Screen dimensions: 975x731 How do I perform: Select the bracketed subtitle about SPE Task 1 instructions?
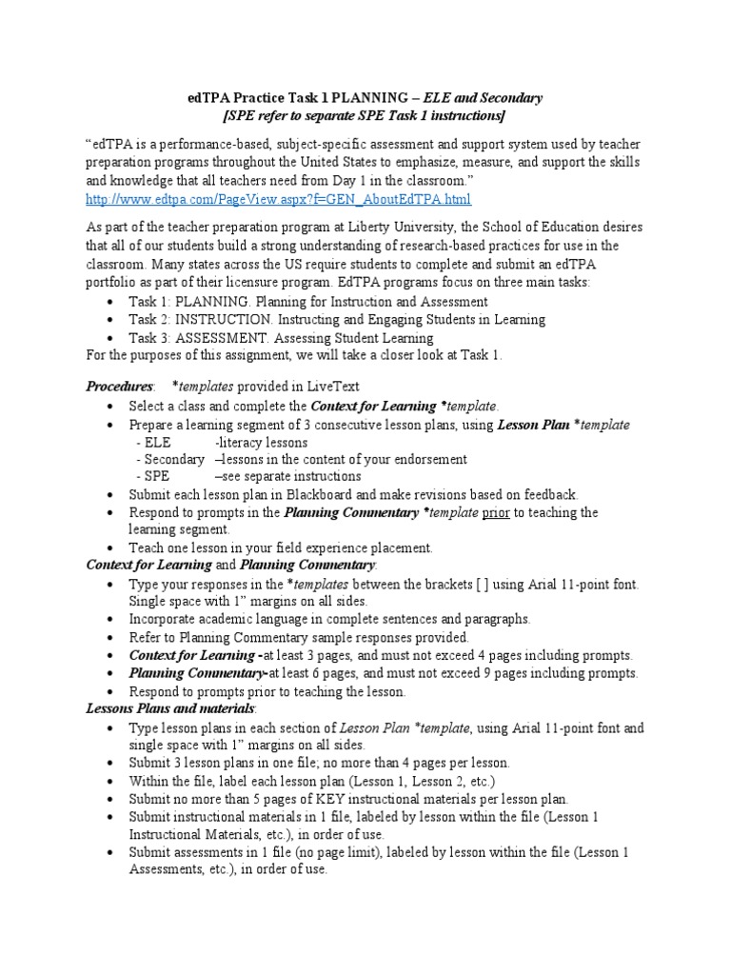pos(364,116)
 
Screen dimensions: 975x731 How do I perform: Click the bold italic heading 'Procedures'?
pos(119,387)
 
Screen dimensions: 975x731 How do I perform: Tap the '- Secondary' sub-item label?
pos(169,459)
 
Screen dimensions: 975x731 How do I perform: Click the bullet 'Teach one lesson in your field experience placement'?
pos(281,547)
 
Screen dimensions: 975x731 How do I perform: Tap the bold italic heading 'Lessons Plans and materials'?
pos(170,709)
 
